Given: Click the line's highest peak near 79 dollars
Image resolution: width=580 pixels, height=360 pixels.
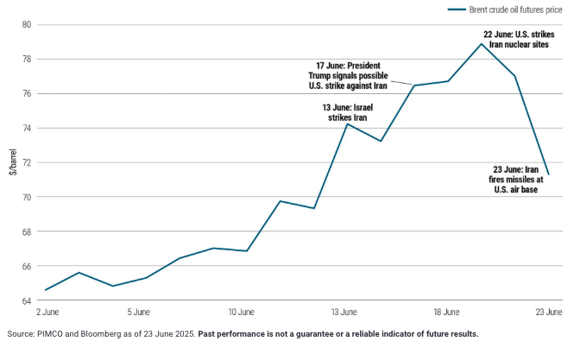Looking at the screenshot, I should (482, 44).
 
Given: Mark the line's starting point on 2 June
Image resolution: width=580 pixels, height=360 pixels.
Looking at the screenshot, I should (46, 289).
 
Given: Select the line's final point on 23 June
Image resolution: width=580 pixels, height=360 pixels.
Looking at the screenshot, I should (548, 174).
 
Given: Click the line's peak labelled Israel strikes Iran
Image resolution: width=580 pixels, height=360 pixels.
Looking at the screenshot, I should (347, 124).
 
